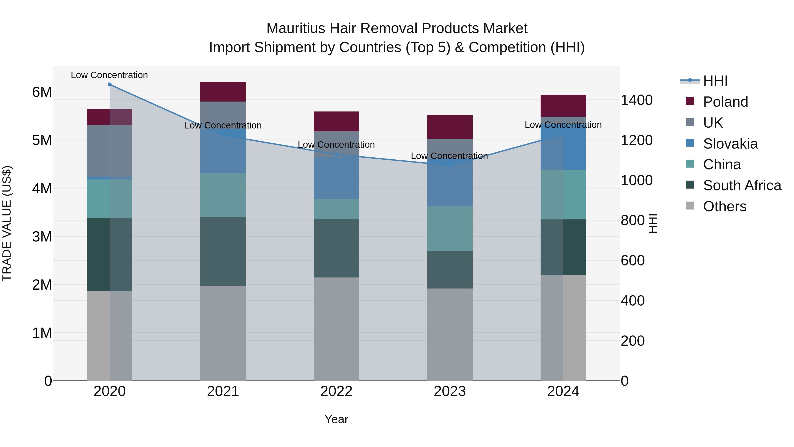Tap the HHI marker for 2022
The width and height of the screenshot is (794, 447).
click(336, 155)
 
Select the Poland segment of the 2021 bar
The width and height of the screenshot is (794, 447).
click(223, 92)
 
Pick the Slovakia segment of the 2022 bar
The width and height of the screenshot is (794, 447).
click(336, 178)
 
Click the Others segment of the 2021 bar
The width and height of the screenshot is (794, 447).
click(223, 333)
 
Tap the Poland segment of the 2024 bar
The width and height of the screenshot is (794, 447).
click(563, 106)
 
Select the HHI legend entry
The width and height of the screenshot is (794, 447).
click(715, 81)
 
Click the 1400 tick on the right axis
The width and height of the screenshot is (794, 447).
click(637, 100)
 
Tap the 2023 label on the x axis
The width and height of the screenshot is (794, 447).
click(450, 391)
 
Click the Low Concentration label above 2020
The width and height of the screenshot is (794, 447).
click(109, 75)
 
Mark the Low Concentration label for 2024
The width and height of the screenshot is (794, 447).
click(563, 125)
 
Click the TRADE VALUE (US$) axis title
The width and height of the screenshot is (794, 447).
click(7, 223)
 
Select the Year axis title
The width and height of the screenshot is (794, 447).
click(336, 419)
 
